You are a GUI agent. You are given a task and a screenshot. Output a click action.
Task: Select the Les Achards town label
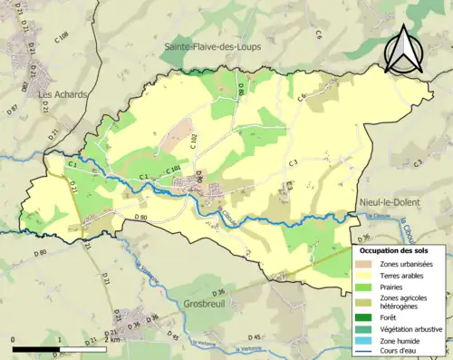(x=57, y=92)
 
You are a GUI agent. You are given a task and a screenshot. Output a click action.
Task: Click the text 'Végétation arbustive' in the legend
(x=411, y=328)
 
